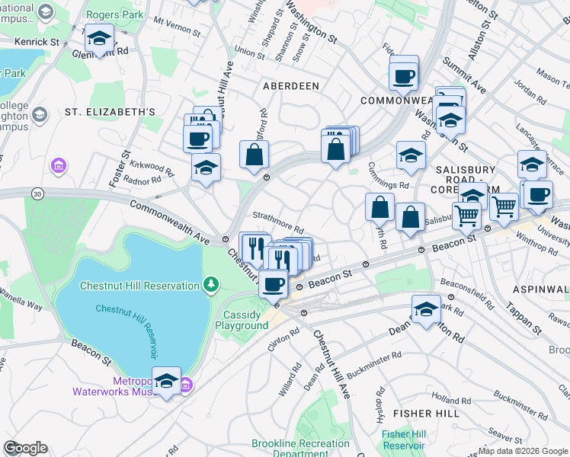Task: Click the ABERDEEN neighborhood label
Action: coord(290,86)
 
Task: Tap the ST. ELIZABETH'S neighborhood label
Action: coord(110,112)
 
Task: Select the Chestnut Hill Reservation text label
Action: coord(139,286)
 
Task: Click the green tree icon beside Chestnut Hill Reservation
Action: coord(211,285)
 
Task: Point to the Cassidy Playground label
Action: coord(241,320)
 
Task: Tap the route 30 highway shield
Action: coord(37,195)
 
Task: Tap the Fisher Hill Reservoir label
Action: coord(403,439)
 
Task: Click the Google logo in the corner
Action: coord(24,448)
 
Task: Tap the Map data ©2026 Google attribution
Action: coord(524,451)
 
